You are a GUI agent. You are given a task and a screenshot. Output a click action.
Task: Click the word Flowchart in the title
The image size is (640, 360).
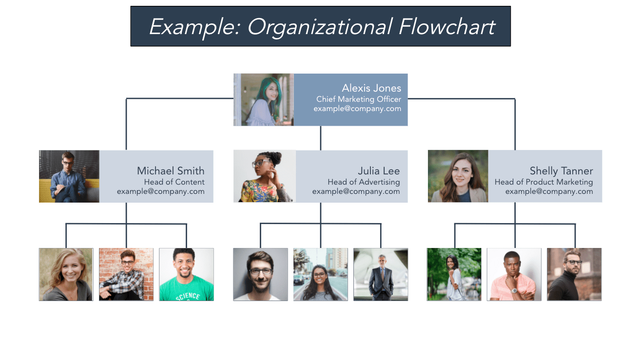pyautogui.click(x=446, y=26)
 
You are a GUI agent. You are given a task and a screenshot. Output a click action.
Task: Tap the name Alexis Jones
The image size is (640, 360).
pyautogui.click(x=371, y=88)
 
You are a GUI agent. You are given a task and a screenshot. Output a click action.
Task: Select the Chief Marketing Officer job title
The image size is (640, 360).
pyautogui.click(x=358, y=99)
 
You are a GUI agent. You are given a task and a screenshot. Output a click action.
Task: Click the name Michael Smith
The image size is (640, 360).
pyautogui.click(x=171, y=171)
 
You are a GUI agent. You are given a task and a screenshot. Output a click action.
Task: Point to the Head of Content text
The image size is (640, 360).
pyautogui.click(x=174, y=182)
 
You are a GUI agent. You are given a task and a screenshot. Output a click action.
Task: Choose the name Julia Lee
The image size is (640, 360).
pyautogui.click(x=379, y=171)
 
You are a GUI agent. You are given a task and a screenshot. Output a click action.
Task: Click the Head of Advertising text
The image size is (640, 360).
pyautogui.click(x=364, y=182)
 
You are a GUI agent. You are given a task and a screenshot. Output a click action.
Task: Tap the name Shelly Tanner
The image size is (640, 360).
pyautogui.click(x=561, y=171)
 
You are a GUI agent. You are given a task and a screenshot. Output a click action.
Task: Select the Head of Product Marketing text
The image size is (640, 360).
pyautogui.click(x=543, y=182)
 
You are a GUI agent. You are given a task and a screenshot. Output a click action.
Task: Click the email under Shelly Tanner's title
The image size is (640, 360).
pyautogui.click(x=549, y=191)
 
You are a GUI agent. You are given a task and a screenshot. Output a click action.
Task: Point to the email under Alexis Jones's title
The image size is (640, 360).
pyautogui.click(x=357, y=109)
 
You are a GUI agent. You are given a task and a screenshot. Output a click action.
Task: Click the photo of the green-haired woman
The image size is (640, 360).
pyautogui.click(x=264, y=100)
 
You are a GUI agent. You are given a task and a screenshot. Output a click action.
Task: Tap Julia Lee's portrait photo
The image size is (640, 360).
pyautogui.click(x=264, y=176)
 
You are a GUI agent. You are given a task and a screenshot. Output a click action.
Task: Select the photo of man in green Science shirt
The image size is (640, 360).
pyautogui.click(x=186, y=274)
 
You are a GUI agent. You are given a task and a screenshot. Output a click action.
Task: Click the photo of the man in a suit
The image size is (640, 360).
pyautogui.click(x=381, y=274)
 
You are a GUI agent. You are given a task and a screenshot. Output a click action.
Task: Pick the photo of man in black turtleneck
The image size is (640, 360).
pyautogui.click(x=574, y=274)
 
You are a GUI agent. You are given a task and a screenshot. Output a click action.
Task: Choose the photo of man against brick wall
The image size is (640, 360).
pyautogui.click(x=126, y=274)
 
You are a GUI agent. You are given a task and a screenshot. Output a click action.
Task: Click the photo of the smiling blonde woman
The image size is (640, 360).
pyautogui.click(x=66, y=274)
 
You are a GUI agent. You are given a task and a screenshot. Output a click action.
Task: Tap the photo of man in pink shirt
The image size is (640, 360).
pyautogui.click(x=514, y=274)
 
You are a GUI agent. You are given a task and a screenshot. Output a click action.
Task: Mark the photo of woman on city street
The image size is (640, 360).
pyautogui.click(x=320, y=274)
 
